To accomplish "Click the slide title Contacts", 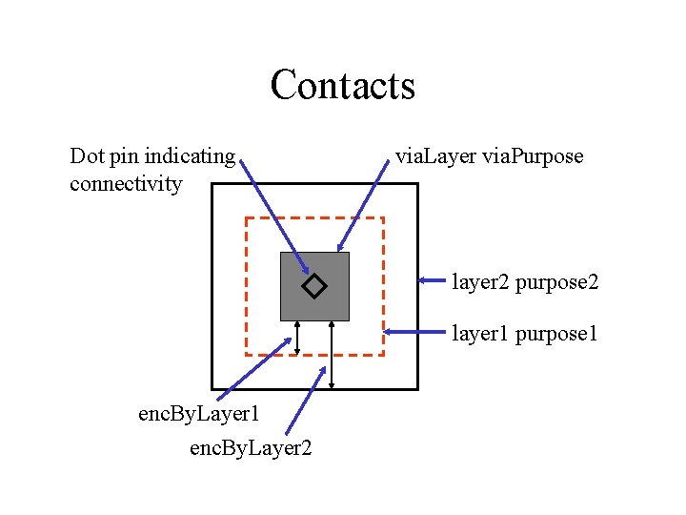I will (343, 84).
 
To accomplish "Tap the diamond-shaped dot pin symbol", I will (313, 285).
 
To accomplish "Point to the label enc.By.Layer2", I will (251, 447).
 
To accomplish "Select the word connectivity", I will (125, 183).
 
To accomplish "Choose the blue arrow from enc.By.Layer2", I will (306, 400).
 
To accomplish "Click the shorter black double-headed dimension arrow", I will (298, 338).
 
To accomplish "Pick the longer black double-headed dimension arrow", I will (331, 354).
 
